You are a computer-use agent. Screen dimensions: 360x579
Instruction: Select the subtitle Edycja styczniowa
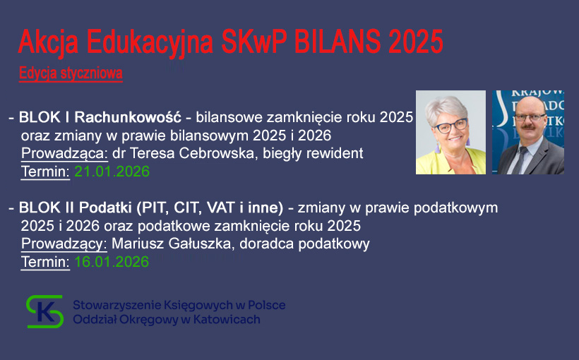[x=71, y=73]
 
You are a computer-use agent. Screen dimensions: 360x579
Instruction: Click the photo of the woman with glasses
[x=450, y=132]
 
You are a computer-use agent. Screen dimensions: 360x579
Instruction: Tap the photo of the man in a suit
[x=527, y=132]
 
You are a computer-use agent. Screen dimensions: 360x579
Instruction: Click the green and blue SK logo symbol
[x=45, y=311]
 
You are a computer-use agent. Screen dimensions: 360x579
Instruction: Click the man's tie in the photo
[x=523, y=160]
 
